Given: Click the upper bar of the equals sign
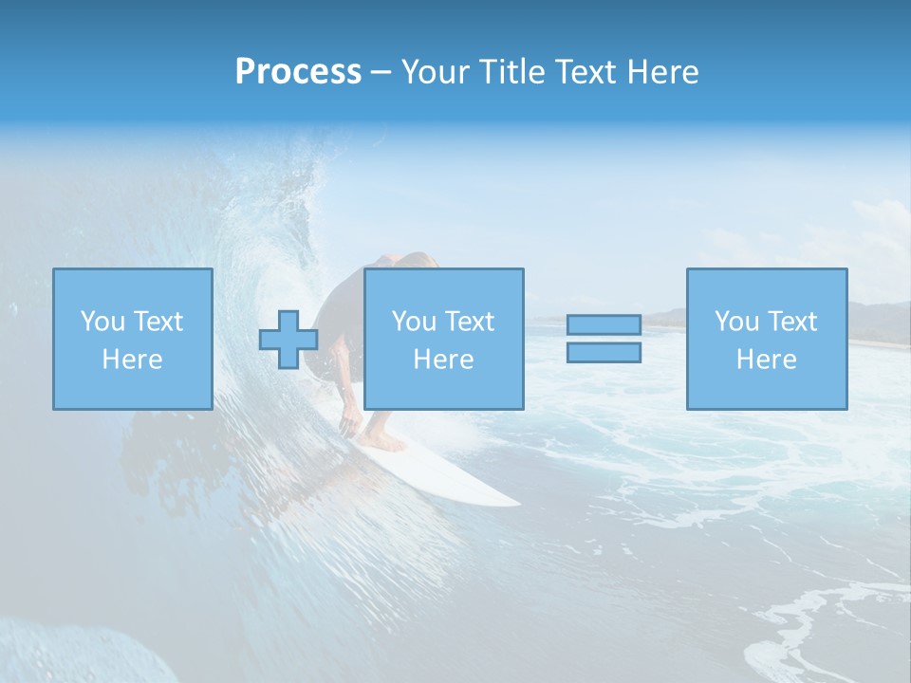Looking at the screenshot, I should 604,325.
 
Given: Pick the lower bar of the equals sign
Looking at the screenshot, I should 604,352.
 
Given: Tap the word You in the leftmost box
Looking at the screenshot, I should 102,322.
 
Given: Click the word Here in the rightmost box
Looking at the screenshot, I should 767,360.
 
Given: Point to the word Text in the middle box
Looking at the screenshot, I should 469,322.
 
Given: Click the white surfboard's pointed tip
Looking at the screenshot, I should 513,500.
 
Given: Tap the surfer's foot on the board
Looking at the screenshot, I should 385,442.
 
